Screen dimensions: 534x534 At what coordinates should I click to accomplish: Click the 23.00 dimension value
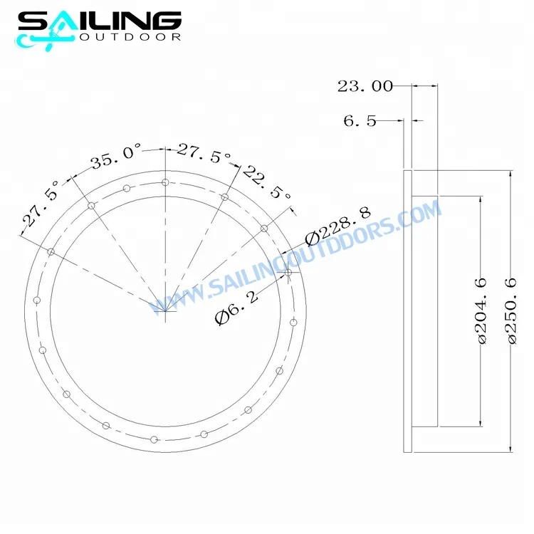pos(365,86)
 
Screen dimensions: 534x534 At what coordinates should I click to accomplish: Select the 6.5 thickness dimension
pos(360,121)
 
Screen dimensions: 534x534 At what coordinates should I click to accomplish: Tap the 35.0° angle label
pos(116,157)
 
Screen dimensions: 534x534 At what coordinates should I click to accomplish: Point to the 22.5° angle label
pos(267,183)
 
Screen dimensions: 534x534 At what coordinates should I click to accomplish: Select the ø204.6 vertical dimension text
pos(482,310)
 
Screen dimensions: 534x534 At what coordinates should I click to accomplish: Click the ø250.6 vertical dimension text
pos(511,310)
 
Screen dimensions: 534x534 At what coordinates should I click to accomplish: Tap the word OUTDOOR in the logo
pos(130,37)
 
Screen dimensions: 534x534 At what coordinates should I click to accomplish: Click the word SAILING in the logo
pos(100,21)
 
